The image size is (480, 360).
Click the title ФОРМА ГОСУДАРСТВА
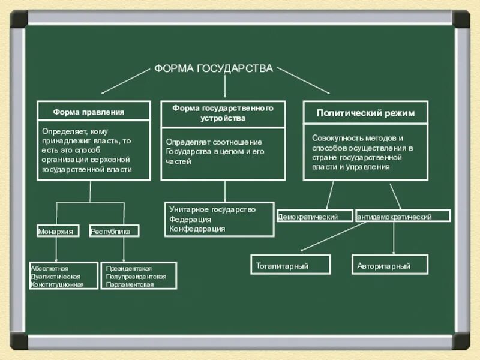tap(214, 68)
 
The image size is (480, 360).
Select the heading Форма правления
tap(88, 112)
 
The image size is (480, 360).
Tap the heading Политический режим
tap(365, 112)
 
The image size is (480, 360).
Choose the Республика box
tap(113, 231)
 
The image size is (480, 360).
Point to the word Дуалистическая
tap(55, 276)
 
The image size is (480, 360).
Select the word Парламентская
tap(130, 284)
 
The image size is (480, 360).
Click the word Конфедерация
tap(197, 229)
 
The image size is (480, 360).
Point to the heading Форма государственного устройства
tap(223, 113)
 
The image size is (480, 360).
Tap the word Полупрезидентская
tap(136, 276)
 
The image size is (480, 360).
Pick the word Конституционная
tap(58, 284)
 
